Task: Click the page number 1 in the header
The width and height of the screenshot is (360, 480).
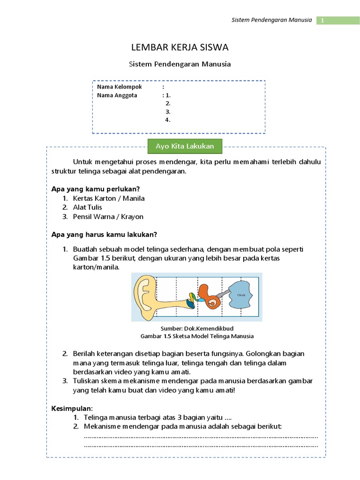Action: click(x=322, y=20)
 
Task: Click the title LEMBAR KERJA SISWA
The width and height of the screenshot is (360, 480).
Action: click(x=180, y=47)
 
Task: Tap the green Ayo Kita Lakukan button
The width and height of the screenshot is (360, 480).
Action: click(x=185, y=146)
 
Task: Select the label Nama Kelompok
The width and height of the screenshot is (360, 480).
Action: click(x=119, y=87)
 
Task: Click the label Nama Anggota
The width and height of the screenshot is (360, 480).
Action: click(x=117, y=95)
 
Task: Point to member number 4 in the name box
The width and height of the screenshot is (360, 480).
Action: click(x=167, y=120)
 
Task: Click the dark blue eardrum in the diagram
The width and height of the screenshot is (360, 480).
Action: click(x=191, y=303)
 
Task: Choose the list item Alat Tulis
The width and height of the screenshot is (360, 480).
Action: click(x=87, y=207)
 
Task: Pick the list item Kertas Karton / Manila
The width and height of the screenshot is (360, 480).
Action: click(x=109, y=198)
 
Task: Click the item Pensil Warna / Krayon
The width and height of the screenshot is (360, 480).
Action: click(x=108, y=217)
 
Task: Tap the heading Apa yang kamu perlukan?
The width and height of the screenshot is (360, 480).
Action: click(x=96, y=189)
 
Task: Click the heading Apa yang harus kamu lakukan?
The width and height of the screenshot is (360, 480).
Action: click(x=104, y=234)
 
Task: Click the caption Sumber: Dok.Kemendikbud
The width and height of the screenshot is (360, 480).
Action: click(x=197, y=329)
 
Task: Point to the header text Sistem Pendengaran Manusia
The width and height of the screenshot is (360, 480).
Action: click(x=272, y=20)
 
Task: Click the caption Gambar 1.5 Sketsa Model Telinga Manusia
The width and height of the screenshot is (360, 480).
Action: click(x=197, y=336)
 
